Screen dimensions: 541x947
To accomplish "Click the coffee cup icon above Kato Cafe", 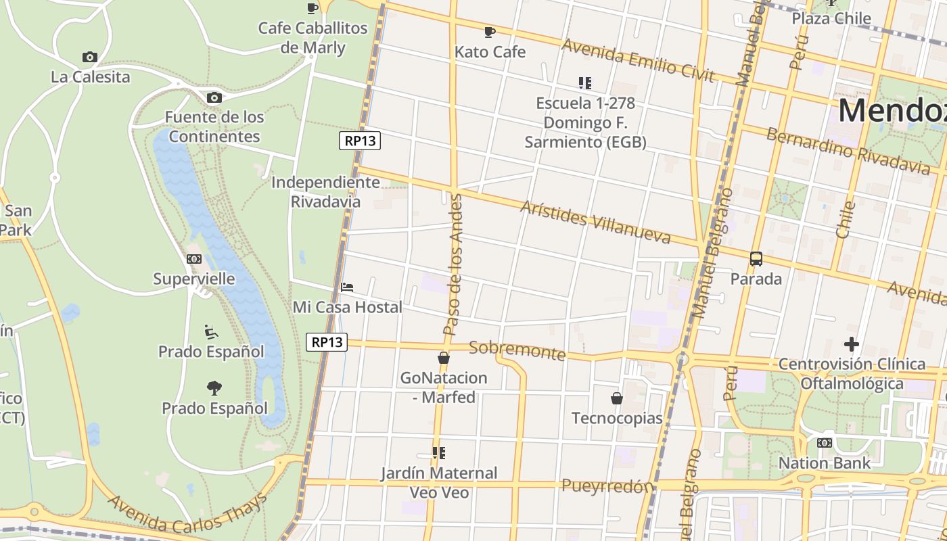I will (490, 31).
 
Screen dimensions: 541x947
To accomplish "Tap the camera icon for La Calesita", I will (89, 57).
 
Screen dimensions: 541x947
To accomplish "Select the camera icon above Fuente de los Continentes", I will (214, 97).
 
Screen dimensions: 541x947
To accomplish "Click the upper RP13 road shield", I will (360, 141).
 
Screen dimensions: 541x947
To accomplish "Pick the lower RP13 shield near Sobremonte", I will (327, 342).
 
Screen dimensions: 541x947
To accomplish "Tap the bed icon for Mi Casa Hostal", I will (347, 287).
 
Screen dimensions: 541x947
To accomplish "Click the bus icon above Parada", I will (756, 258).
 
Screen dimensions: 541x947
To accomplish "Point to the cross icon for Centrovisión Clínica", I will (851, 344).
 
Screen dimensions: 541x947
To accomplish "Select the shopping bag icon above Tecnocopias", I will (617, 398).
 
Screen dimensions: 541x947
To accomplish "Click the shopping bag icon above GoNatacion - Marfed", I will (444, 358).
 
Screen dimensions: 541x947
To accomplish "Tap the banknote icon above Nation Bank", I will (824, 443).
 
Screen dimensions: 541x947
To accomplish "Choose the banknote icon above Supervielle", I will (194, 259).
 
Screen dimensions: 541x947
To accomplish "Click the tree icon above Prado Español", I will (214, 388).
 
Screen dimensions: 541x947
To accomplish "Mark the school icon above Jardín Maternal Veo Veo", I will (439, 453).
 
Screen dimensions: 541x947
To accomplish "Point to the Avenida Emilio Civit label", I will (638, 60).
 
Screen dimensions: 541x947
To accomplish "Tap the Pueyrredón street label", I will (608, 486).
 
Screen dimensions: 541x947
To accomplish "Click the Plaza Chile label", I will (831, 18).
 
